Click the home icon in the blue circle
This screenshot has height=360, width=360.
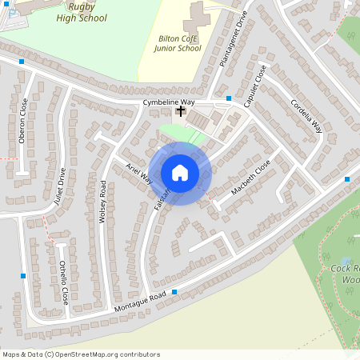coord(180,173)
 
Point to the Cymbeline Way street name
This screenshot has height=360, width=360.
coord(169,103)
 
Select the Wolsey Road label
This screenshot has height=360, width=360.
coord(102,201)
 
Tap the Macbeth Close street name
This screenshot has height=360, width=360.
coord(251,178)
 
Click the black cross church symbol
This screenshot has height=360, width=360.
coord(181,111)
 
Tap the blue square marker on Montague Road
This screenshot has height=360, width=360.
coord(174,292)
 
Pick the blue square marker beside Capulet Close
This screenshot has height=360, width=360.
coord(229,98)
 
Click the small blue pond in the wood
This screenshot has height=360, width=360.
coord(345,261)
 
